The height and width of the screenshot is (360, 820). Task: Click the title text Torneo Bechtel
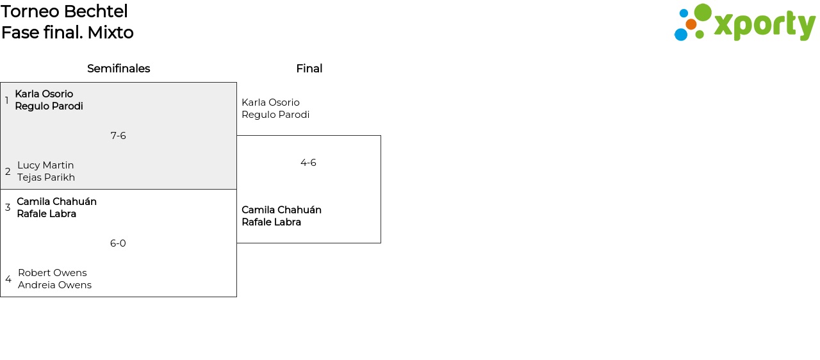click(64, 12)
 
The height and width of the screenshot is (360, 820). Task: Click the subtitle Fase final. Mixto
click(67, 33)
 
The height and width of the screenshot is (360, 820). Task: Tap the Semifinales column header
click(119, 69)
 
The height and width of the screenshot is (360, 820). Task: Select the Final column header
click(309, 69)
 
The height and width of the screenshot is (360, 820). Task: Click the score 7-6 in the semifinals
click(118, 136)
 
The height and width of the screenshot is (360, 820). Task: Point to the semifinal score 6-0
click(118, 243)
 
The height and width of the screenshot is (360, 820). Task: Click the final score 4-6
click(308, 163)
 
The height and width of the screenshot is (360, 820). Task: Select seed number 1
click(7, 101)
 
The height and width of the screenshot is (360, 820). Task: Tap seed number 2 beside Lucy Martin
click(8, 172)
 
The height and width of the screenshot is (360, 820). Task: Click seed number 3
click(8, 208)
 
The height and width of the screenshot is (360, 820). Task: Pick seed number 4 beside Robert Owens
click(8, 279)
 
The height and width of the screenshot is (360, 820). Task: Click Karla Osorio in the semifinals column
click(44, 94)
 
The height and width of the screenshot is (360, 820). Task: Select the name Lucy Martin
click(45, 165)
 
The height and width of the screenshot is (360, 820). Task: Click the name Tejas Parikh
click(46, 177)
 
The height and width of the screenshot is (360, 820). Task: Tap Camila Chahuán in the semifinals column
click(56, 202)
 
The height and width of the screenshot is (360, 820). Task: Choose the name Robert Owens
click(53, 273)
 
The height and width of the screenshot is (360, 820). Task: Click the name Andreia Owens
click(54, 285)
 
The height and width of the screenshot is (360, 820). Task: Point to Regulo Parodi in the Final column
click(275, 115)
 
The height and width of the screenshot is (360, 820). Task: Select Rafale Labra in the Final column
click(271, 222)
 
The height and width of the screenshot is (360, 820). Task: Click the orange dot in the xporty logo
click(691, 24)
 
